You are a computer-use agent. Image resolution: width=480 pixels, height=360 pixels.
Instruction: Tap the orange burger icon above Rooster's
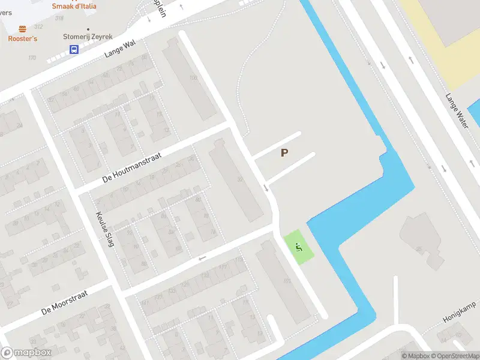click(22, 29)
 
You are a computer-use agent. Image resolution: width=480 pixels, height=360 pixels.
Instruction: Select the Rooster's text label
click(22, 39)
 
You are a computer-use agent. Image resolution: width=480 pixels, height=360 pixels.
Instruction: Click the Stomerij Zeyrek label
click(88, 37)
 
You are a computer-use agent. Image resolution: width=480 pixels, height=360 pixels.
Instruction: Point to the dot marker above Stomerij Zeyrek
click(88, 28)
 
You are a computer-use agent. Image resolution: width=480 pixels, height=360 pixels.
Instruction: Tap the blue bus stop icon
click(74, 50)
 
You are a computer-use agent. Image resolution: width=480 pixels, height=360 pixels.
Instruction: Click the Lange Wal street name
click(120, 49)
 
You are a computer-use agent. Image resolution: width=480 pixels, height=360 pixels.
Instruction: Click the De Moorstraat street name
click(65, 304)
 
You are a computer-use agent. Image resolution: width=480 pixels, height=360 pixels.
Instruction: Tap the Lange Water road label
click(457, 110)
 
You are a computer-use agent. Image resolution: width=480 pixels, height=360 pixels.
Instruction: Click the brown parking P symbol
click(284, 153)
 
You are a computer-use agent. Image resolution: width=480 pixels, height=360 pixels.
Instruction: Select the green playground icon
click(299, 246)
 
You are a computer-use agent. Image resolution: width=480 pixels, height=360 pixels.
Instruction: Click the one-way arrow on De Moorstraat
click(202, 259)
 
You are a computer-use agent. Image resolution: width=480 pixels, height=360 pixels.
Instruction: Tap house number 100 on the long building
click(193, 78)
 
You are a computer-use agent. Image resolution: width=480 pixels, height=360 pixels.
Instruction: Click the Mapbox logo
click(26, 353)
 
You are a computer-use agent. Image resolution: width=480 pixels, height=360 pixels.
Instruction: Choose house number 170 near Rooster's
click(32, 58)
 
